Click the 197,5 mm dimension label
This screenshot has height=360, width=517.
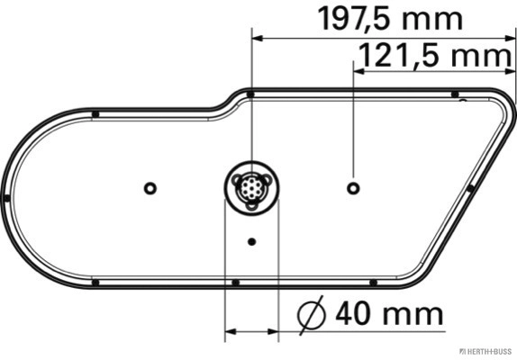(390, 19)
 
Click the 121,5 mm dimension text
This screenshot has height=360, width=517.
(434, 55)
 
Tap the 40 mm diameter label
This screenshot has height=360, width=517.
(389, 313)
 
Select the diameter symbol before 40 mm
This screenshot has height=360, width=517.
(312, 315)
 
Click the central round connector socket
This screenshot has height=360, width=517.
(251, 188)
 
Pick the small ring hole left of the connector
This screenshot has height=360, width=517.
(150, 188)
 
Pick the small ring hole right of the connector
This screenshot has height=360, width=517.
(353, 188)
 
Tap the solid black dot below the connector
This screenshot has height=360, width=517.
(251, 242)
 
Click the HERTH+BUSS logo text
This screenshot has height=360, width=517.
(485, 351)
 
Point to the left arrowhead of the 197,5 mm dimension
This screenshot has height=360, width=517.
(258, 39)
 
